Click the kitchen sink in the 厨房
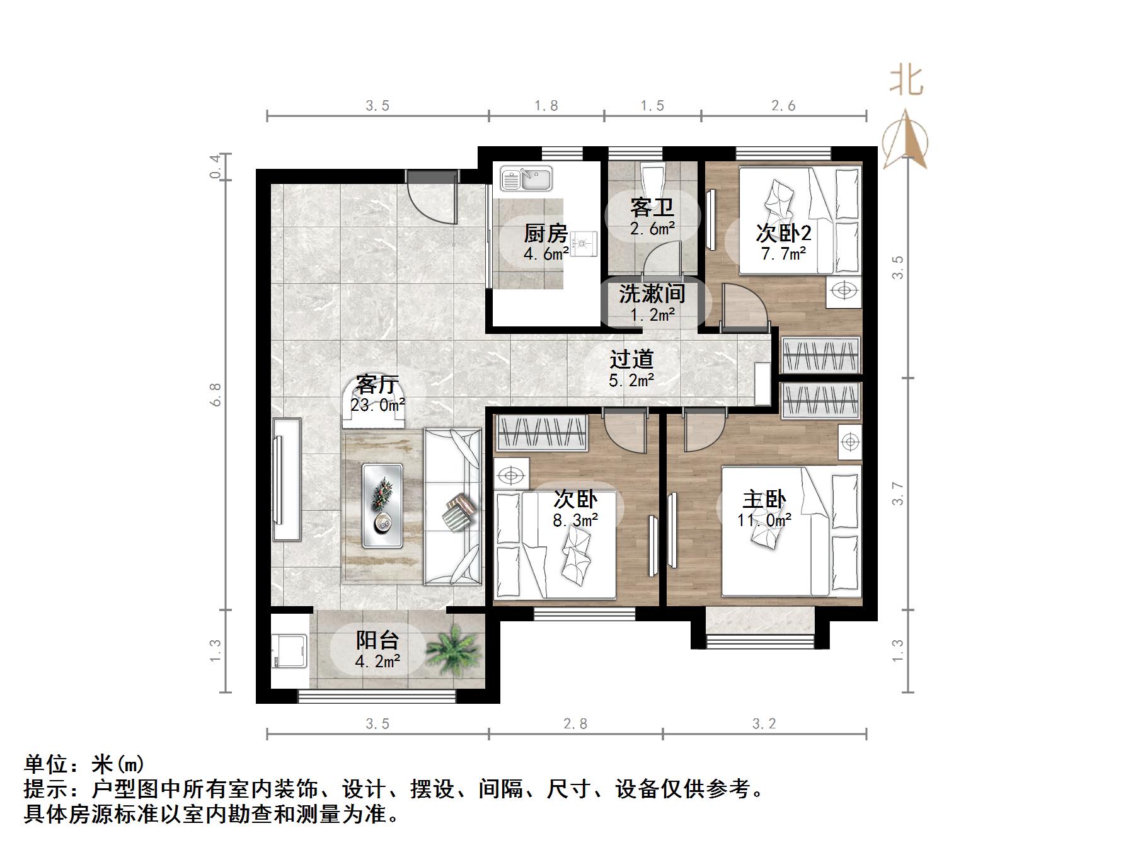pos(526,179)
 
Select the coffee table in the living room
pos(382,505)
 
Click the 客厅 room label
pos(377,384)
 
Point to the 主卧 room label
pos(764,500)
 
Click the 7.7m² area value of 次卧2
pos(783,254)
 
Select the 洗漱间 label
pos(652,294)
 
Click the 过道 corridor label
pos(631,359)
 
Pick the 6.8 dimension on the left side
pos(216,394)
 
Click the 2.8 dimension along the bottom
pos(575,724)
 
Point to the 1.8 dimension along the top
pos(546,106)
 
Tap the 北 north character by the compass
pos(906,81)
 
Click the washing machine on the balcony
pos(289,651)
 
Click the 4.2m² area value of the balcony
pos(377,662)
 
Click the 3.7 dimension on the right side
pos(898,493)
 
